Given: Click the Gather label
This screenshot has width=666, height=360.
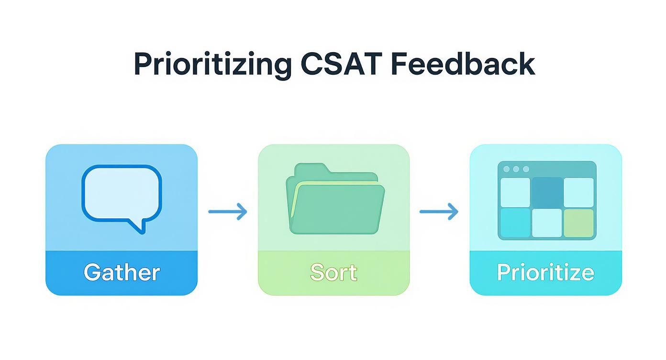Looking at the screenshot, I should coord(122,272).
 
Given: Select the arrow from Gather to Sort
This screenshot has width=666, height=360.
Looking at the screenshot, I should coord(228,211).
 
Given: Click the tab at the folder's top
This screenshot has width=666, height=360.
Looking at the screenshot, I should coord(311,169).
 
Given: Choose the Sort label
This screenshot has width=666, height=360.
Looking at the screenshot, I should coord(333,272).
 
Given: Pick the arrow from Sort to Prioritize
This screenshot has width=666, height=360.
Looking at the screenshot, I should coord(439,211).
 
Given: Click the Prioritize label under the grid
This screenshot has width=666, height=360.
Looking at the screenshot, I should coord(545,272).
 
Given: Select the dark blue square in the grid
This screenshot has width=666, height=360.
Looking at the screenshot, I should coord(547,192).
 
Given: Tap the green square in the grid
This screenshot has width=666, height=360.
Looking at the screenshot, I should coord(578,223).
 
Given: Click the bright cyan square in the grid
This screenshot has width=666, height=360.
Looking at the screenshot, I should coord(515,223).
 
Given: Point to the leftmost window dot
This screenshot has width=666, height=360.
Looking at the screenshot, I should coord(506,169).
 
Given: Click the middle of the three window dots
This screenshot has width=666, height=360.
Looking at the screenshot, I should coord(516,169).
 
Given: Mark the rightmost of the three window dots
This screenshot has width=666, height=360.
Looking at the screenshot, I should coord(526,169).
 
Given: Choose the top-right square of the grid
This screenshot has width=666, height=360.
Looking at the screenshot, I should coord(578,192).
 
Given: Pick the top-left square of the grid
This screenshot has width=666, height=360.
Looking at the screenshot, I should coord(515,192).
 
